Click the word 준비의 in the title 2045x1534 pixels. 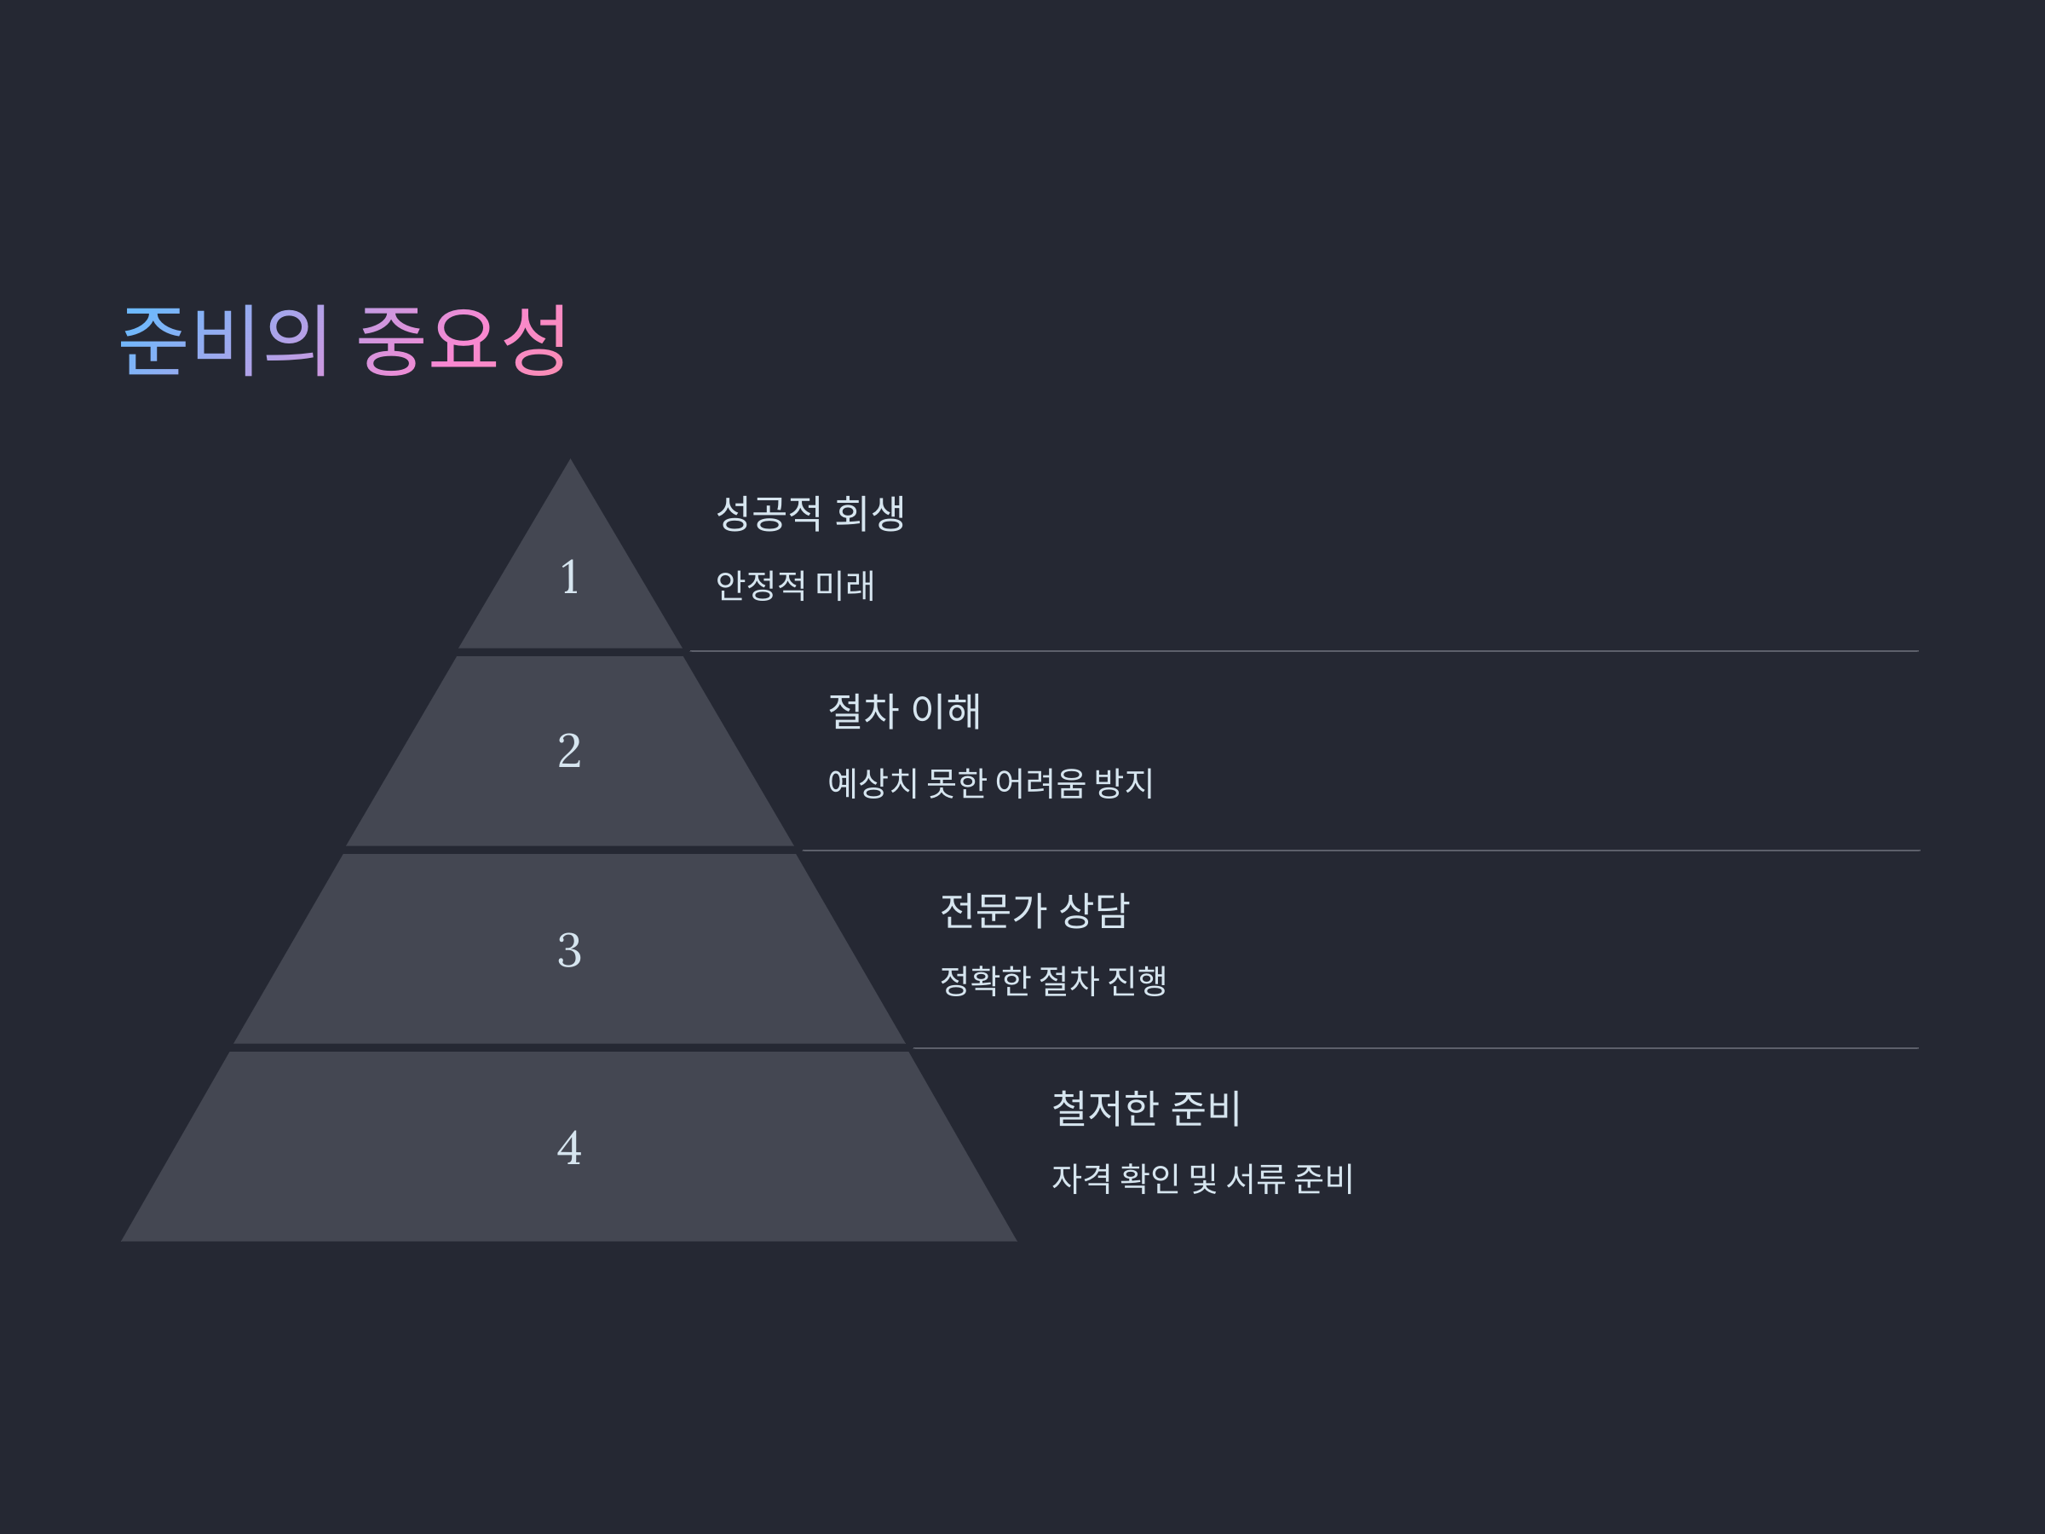[225, 339]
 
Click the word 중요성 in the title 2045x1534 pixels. [461, 339]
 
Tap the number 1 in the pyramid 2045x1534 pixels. [569, 577]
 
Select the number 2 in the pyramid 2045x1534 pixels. [569, 750]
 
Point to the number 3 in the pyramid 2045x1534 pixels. [569, 949]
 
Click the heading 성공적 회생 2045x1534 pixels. [809, 513]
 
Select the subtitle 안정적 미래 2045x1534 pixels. [794, 585]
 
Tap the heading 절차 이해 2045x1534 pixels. [903, 711]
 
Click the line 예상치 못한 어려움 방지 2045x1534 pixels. [989, 783]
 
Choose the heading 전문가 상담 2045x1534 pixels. [1034, 911]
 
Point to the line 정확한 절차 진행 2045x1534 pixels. [1052, 981]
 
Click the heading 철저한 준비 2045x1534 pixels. [1145, 1109]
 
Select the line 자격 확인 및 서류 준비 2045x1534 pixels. [1201, 1179]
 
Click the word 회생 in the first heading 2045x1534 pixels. [869, 513]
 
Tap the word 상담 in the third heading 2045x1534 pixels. [1094, 911]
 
